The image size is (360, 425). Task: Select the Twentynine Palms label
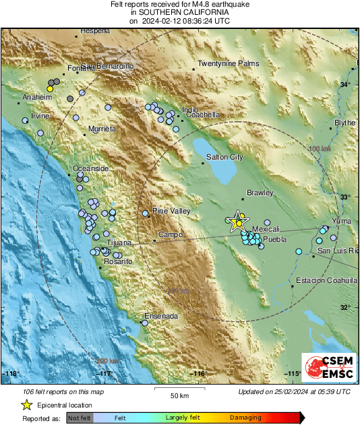point(228,64)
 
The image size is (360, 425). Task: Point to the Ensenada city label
point(162,316)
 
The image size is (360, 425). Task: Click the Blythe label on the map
point(344,123)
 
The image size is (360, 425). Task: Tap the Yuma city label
point(342,220)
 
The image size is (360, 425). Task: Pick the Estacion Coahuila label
point(326,280)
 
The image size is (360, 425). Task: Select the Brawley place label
point(260,192)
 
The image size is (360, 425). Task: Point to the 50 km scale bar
point(178,390)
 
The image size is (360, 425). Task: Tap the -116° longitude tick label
point(198,373)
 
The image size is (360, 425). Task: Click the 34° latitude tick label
point(344,84)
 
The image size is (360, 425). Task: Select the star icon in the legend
point(26,405)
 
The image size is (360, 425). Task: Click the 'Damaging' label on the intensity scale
point(245,418)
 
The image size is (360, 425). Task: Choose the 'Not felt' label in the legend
point(80,418)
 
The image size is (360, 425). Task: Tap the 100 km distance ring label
point(320,148)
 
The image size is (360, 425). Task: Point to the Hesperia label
point(94,31)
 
